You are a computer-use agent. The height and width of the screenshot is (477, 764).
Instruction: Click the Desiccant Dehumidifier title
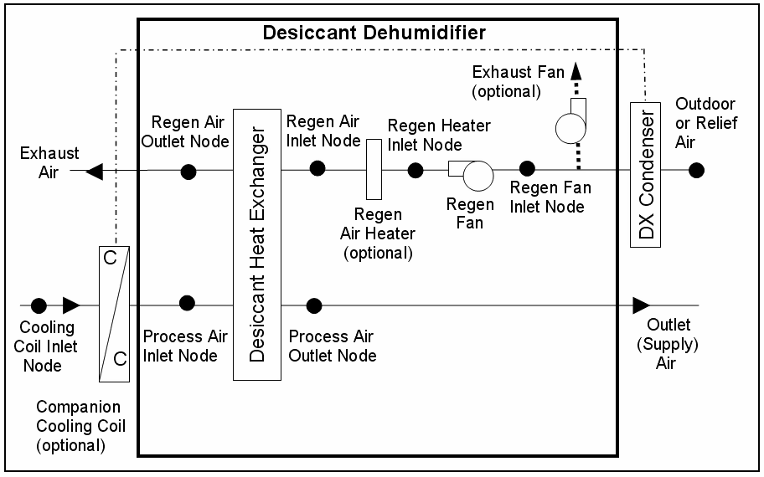[x=374, y=33]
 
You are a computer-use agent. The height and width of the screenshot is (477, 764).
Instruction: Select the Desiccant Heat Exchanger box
[x=256, y=244]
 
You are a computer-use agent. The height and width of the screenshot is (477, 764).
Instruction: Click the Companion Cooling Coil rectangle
[x=114, y=313]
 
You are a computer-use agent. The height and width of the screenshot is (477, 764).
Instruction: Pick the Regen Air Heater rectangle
[x=374, y=169]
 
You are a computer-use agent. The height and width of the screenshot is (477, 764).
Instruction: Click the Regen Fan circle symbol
[x=479, y=177]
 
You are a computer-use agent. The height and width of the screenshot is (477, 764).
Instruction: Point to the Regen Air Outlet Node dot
[x=189, y=172]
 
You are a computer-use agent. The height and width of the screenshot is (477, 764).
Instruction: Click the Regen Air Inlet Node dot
[x=317, y=168]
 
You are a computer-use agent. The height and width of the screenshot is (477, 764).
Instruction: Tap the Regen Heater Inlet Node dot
[x=416, y=171]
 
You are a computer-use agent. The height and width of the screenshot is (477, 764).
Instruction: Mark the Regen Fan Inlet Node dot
[x=527, y=170]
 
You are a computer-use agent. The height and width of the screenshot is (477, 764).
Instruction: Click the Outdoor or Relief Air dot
[x=696, y=171]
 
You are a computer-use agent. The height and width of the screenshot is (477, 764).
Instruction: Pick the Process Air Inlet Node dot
[x=188, y=303]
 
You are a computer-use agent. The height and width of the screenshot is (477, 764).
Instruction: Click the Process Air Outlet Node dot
[x=314, y=305]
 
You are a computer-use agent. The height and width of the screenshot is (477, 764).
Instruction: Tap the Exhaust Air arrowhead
[x=95, y=172]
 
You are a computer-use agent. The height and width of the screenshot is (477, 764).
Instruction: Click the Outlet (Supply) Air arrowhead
[x=641, y=305]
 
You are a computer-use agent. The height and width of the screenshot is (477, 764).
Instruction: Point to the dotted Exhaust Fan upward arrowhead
[x=576, y=85]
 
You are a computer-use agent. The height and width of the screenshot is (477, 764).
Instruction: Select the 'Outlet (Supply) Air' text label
[x=669, y=344]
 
